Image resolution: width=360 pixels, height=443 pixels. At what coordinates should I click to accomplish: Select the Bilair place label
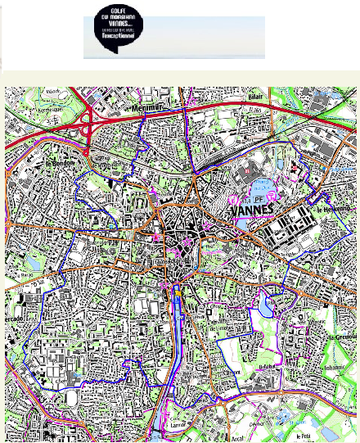point(254,96)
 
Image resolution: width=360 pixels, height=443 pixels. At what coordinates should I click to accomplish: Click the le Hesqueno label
point(333,210)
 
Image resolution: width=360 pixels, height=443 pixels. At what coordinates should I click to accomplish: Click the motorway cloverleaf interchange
point(88,126)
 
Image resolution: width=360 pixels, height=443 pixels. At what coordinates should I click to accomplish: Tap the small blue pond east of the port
point(268,305)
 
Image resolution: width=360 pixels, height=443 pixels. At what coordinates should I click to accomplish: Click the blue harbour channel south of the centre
point(178,328)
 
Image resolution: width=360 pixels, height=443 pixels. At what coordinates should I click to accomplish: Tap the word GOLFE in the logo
point(115,21)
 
